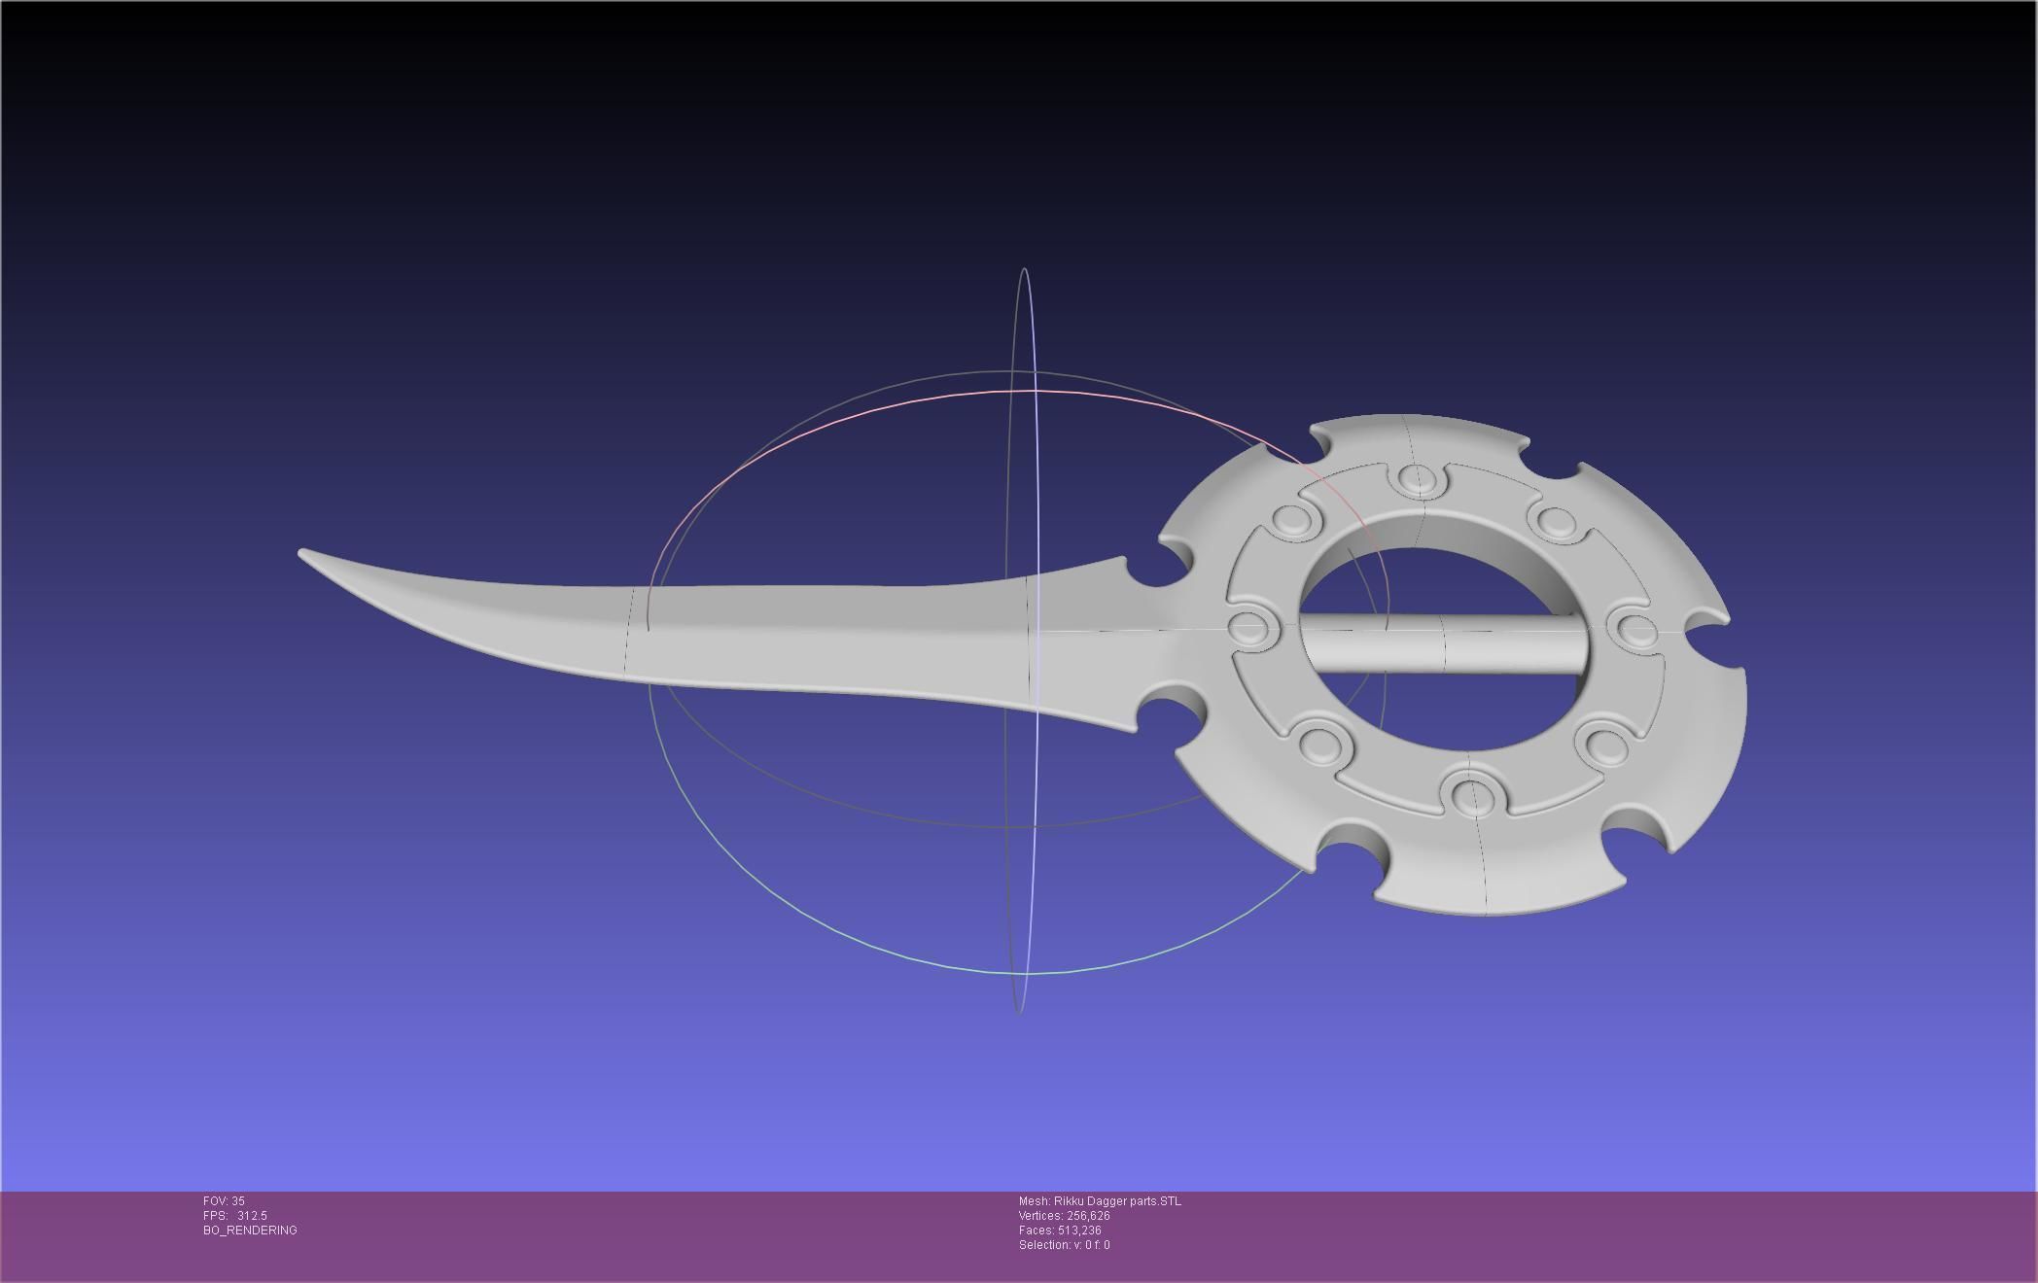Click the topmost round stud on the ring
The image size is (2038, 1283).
click(1419, 478)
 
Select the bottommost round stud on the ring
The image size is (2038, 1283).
click(1472, 794)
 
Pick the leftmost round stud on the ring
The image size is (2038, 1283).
click(1251, 627)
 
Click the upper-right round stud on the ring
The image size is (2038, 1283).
click(1555, 521)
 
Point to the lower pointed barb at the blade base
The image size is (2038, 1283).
click(1133, 728)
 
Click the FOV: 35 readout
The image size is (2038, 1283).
click(224, 1201)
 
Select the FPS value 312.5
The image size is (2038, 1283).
click(252, 1216)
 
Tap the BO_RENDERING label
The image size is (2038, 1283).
click(250, 1231)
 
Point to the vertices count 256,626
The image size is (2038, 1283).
click(1088, 1216)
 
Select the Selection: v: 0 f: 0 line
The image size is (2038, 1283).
click(1064, 1245)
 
